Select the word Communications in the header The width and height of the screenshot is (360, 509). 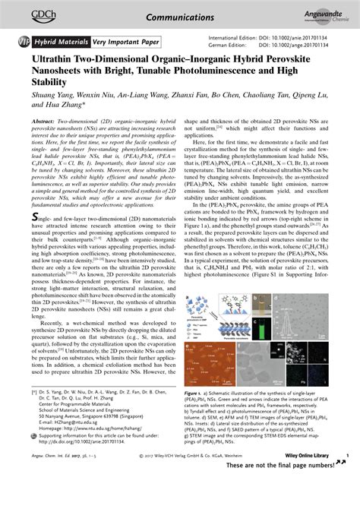(x=180, y=15)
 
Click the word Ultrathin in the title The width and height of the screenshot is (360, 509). (x=53, y=58)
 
